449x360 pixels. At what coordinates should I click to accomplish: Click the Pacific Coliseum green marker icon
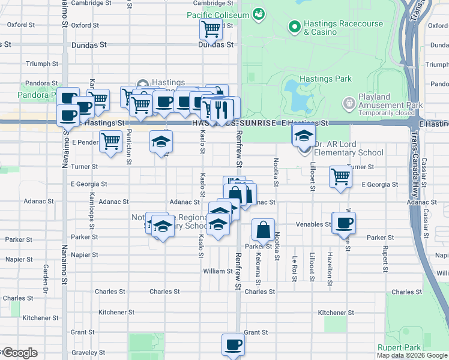tap(259, 13)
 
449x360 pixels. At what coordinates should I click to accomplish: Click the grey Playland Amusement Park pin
tap(349, 104)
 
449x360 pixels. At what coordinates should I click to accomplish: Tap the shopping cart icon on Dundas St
tap(211, 28)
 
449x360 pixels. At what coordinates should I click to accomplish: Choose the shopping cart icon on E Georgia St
tap(340, 176)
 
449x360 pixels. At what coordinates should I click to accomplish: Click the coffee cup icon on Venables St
tap(345, 223)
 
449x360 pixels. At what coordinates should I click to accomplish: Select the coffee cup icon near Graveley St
tap(233, 344)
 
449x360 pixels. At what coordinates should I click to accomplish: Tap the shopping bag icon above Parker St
tap(263, 229)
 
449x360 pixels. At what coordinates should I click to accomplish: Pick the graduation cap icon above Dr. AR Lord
tap(304, 136)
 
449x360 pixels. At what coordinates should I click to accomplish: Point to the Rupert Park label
tap(399, 347)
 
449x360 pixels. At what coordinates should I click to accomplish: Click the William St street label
tap(213, 271)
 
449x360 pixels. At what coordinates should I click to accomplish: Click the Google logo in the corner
tap(19, 353)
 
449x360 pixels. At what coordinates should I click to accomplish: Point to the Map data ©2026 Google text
tap(412, 355)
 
